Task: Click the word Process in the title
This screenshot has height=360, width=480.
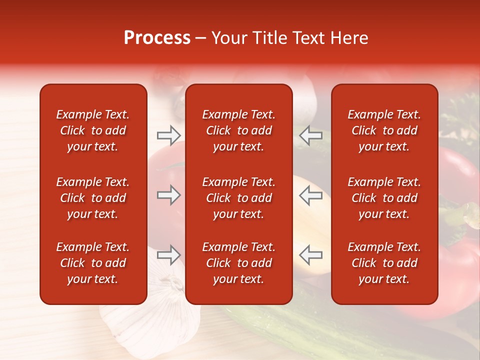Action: pos(157,38)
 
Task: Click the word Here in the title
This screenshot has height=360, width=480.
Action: pos(348,38)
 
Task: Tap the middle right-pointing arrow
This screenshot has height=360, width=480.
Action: pos(168,195)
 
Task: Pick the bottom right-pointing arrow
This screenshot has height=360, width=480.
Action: pos(168,255)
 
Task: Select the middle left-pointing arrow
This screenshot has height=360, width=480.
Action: pos(310,195)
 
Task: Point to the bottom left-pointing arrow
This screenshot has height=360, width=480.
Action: pos(310,255)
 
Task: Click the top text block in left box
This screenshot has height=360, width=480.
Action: pos(93,130)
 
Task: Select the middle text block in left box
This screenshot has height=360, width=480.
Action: pos(93,198)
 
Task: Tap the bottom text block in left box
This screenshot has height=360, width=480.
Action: pos(93,263)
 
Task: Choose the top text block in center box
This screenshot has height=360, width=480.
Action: pos(238,130)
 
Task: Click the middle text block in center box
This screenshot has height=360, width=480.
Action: pos(238,198)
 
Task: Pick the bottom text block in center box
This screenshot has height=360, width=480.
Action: pos(238,263)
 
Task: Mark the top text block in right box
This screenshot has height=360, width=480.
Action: pos(384,130)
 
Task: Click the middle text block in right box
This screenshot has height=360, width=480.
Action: pos(384,198)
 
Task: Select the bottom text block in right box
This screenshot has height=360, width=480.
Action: pos(384,263)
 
